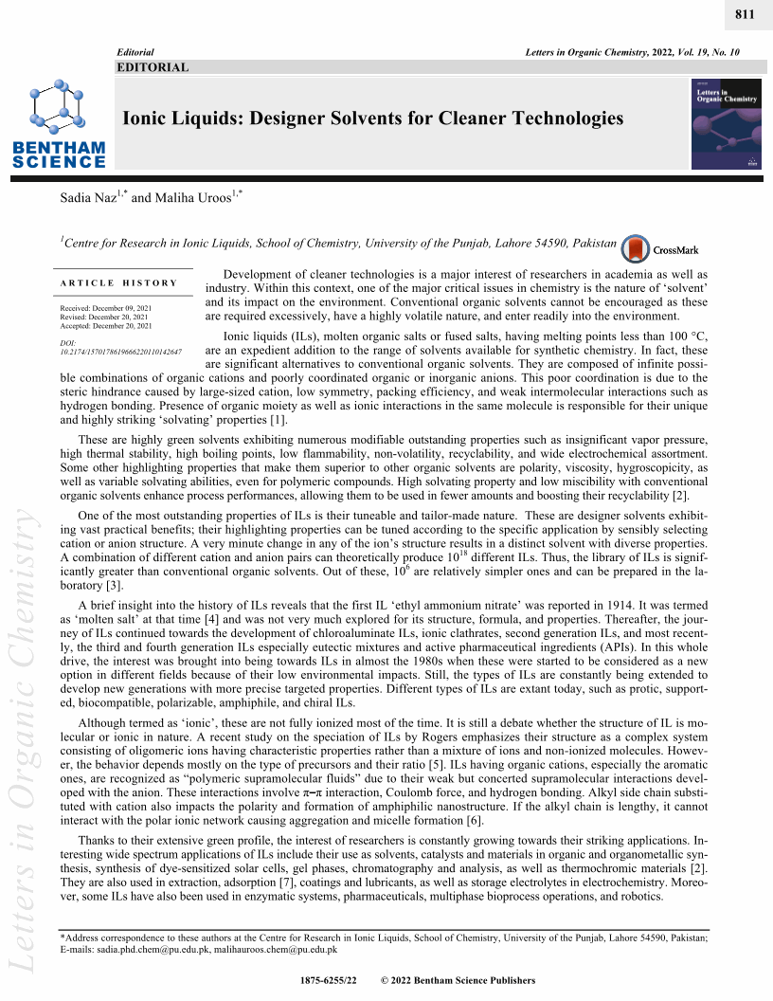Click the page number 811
click(x=746, y=16)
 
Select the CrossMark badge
click(x=662, y=249)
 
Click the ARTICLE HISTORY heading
click(x=118, y=282)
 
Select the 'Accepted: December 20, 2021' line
click(x=105, y=326)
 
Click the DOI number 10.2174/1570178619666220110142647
click(x=120, y=351)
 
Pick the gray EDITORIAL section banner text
click(x=153, y=67)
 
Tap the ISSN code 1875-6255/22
click(x=328, y=981)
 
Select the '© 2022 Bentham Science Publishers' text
click(x=458, y=981)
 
